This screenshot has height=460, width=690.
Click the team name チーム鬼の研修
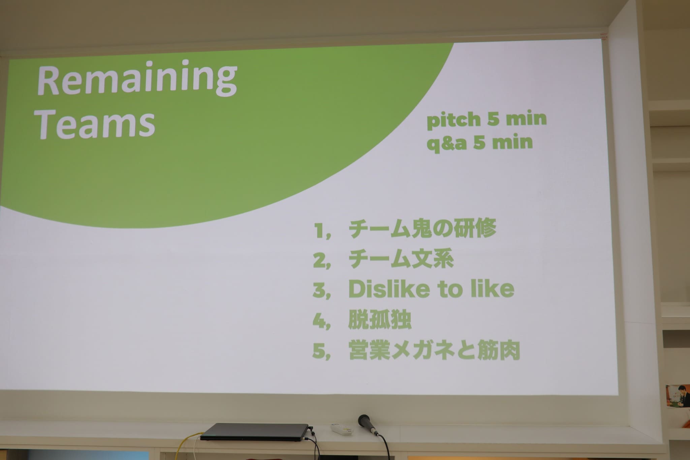(x=422, y=230)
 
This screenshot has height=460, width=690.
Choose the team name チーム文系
(x=401, y=259)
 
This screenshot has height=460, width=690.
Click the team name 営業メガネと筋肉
(x=434, y=350)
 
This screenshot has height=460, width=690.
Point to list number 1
(x=318, y=231)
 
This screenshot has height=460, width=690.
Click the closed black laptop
(x=254, y=432)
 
